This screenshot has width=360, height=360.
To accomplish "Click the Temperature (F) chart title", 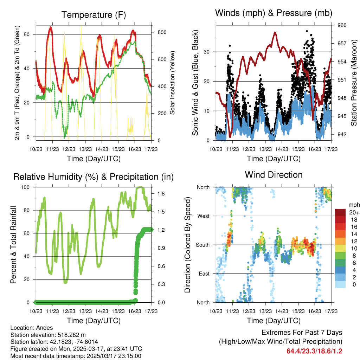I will [x=94, y=15].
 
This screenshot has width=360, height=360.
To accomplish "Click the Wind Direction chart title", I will [x=274, y=174].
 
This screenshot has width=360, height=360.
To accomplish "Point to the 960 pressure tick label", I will [x=342, y=25].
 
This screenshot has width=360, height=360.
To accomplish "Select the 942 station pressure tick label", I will [x=342, y=134].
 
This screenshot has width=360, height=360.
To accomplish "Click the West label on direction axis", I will [x=204, y=216].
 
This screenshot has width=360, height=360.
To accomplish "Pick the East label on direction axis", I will [x=204, y=274].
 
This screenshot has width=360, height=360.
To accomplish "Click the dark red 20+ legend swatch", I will [x=341, y=212].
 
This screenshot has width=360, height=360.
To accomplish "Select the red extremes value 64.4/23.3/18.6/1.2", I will [x=314, y=351].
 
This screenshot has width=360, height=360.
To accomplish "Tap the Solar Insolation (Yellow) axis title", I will [x=173, y=83].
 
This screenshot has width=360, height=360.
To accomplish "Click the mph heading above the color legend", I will [x=354, y=205].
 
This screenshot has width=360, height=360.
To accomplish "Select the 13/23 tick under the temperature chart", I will [x=85, y=149].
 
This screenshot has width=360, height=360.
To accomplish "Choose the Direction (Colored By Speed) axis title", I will [x=187, y=245].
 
